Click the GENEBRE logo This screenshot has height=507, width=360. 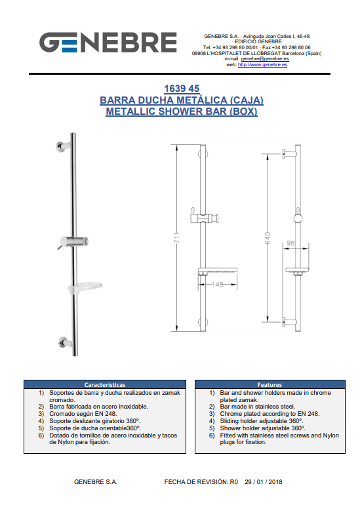click(x=108, y=42)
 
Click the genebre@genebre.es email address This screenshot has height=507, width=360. click(x=265, y=59)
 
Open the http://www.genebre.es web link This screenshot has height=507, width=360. click(x=262, y=65)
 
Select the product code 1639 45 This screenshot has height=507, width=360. click(x=182, y=89)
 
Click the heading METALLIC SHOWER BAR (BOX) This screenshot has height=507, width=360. click(x=182, y=112)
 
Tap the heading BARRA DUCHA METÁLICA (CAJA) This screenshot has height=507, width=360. click(x=182, y=100)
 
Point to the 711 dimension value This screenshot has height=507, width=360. click(x=177, y=237)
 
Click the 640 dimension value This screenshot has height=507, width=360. click(x=268, y=238)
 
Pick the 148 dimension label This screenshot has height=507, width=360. click(x=218, y=284)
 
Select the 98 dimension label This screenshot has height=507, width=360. click(x=290, y=243)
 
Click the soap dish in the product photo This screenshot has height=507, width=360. click(x=85, y=287)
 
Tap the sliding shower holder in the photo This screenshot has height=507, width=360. click(x=73, y=242)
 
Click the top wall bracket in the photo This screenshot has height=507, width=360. click(x=63, y=146)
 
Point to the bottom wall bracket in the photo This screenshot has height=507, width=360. click(x=66, y=342)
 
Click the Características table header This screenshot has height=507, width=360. click(x=105, y=385)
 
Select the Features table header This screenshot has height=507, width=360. click(x=270, y=385)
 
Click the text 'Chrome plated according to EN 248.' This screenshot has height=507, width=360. click(x=270, y=414)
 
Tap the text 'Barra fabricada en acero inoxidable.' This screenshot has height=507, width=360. click(x=98, y=407)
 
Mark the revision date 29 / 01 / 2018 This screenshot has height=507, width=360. click(x=264, y=482)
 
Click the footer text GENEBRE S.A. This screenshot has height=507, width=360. click(x=95, y=482)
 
